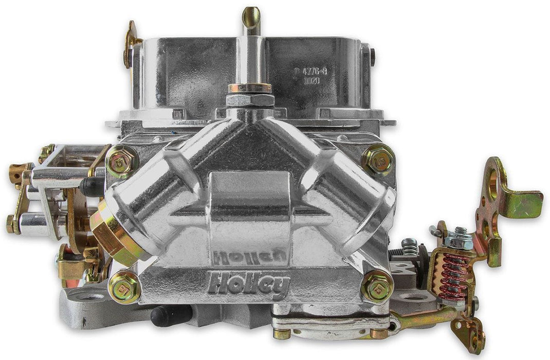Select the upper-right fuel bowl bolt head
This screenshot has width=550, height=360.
(x=378, y=160)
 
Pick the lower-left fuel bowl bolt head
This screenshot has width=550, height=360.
(x=124, y=287)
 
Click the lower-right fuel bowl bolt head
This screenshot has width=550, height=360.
(x=378, y=286)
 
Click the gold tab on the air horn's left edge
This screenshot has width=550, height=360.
(x=131, y=44)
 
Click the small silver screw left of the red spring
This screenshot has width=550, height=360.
(x=410, y=246)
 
